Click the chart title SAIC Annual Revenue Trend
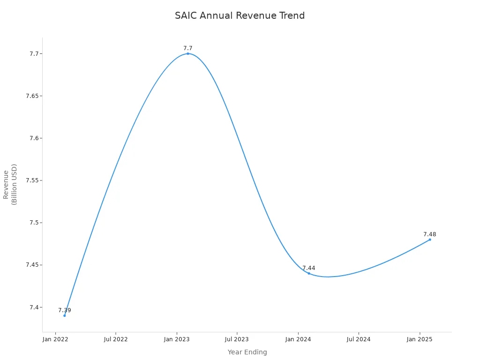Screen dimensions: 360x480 (x=240, y=15)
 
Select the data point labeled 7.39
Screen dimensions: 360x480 (x=65, y=315)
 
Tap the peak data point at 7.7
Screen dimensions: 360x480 (x=188, y=53)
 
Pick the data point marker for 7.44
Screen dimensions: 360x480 (x=309, y=273)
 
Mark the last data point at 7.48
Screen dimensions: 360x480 (x=430, y=240)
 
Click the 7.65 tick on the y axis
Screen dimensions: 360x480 (x=32, y=96)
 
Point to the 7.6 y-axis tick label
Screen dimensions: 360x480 (x=34, y=138)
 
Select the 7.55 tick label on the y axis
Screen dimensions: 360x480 (x=32, y=180)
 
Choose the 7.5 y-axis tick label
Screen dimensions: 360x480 (x=34, y=223)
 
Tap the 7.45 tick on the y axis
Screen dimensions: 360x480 (x=32, y=265)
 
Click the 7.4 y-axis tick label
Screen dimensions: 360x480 (x=34, y=307)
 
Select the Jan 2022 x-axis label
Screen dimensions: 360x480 (x=55, y=339)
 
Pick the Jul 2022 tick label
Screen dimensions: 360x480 (x=116, y=339)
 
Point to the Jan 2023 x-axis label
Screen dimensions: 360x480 (x=176, y=339)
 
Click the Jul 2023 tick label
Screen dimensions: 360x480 (x=237, y=339)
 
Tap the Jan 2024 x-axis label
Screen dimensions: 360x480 (x=298, y=339)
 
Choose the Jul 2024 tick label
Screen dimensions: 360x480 (x=359, y=339)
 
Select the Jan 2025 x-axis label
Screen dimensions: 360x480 (x=419, y=339)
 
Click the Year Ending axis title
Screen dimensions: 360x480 (x=247, y=352)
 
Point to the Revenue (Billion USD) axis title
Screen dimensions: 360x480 (x=10, y=184)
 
